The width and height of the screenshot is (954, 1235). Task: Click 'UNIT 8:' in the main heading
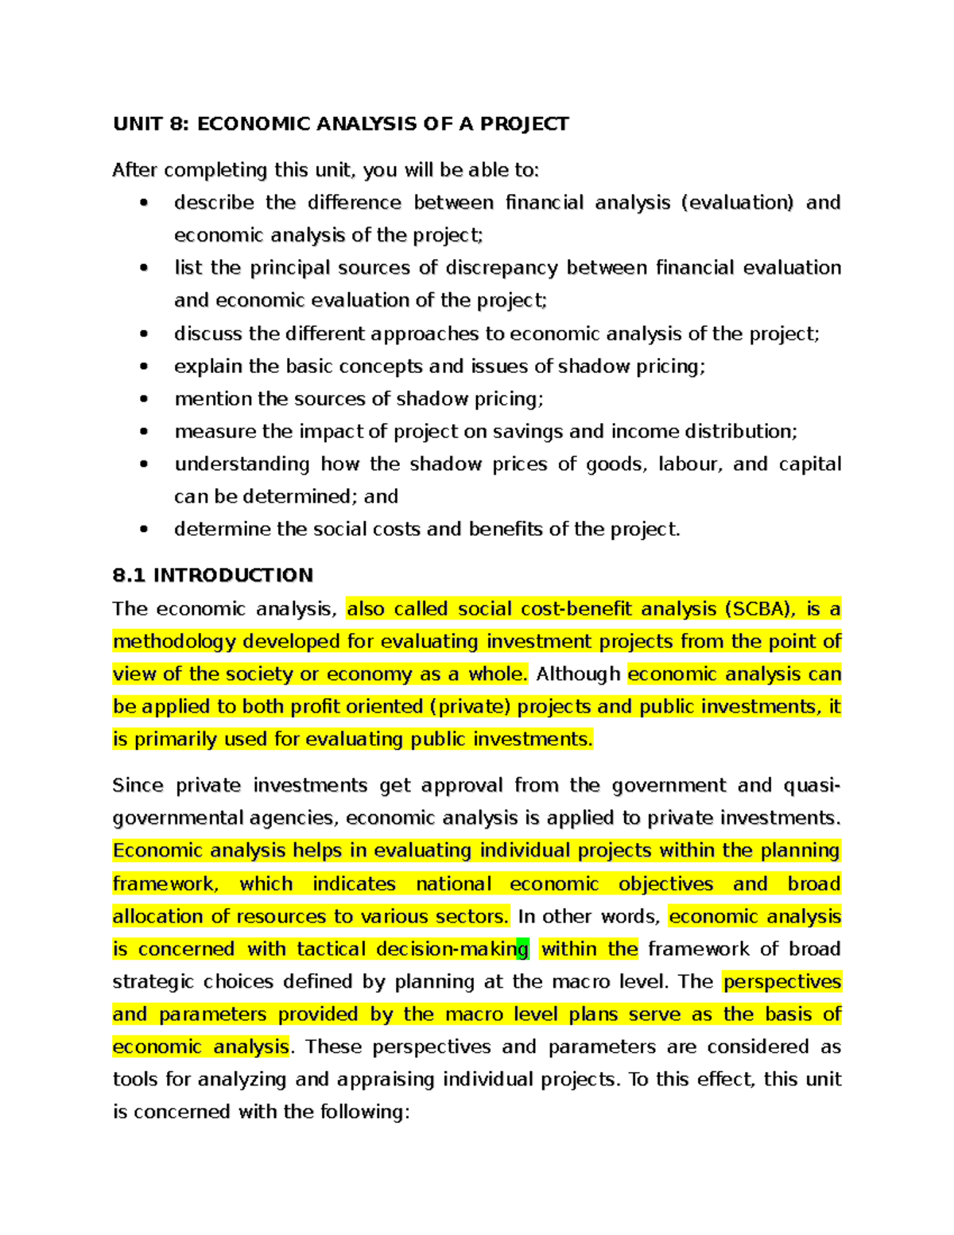(151, 124)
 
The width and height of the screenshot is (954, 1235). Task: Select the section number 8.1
(129, 575)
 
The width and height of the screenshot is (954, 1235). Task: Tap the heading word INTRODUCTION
(233, 575)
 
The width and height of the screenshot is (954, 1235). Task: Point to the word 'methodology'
(174, 642)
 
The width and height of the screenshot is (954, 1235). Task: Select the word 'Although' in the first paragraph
(578, 674)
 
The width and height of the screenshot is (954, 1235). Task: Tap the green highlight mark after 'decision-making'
(523, 949)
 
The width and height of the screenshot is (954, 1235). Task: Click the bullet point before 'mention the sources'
(144, 399)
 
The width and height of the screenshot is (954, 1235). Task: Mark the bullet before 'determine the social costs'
(144, 530)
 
